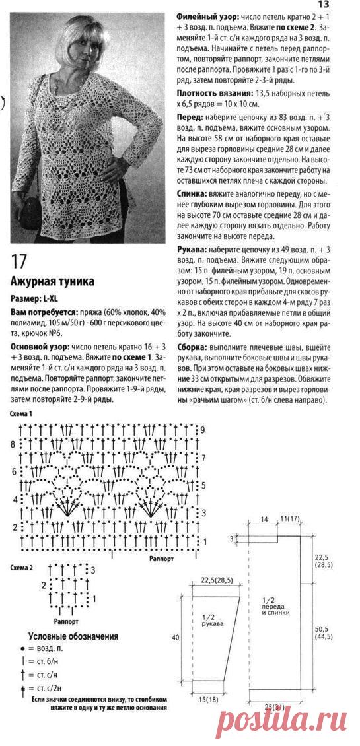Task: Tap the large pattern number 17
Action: coord(20,259)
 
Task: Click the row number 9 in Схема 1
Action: coord(203,430)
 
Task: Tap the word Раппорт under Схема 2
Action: coord(65,621)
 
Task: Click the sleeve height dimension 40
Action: coord(175,638)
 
